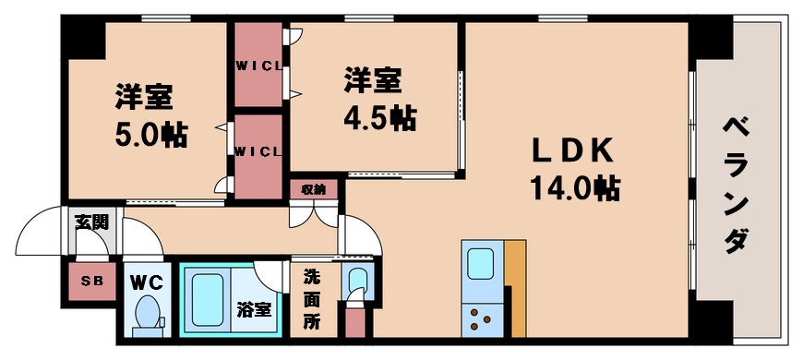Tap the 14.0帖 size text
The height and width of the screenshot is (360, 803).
(574, 188)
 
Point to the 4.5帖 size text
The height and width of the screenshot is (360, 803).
(379, 118)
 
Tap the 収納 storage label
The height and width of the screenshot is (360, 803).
(314, 189)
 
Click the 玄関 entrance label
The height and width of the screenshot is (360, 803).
(92, 222)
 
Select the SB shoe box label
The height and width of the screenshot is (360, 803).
(91, 282)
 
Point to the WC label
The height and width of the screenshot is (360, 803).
(146, 281)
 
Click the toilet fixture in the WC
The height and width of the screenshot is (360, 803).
(147, 315)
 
